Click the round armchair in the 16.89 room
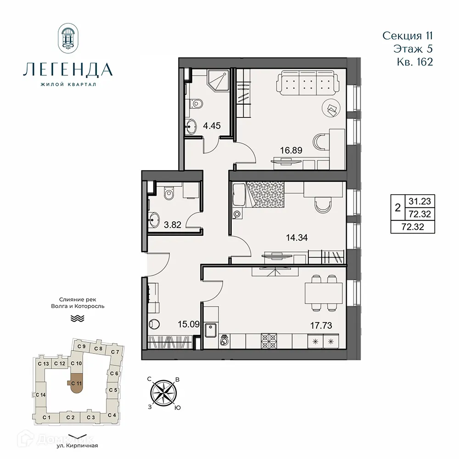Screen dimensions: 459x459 pos(331,108)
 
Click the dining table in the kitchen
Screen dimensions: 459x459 pos(324,292)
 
